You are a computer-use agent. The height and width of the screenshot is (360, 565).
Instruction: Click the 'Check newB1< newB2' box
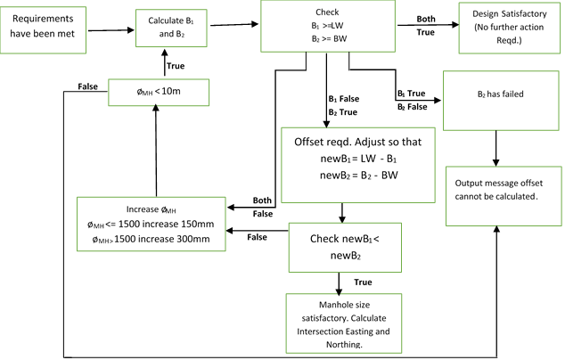click(x=341, y=248)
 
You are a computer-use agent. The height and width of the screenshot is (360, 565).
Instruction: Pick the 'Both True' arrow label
click(x=426, y=24)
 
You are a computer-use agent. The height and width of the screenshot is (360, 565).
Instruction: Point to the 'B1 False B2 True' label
click(x=341, y=105)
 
